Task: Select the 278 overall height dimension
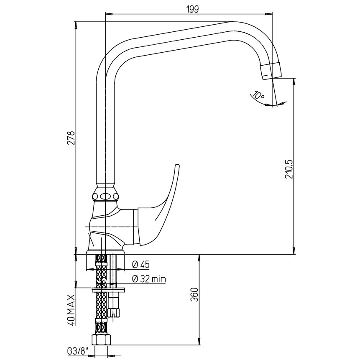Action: pos(71,138)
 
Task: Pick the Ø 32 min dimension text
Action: pos(148,279)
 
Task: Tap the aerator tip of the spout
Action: pos(271,71)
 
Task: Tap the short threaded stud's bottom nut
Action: pos(114,312)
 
